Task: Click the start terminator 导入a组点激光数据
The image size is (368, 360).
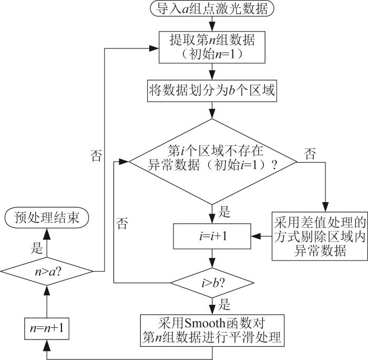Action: [x=212, y=9]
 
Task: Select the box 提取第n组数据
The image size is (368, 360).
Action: [x=212, y=47]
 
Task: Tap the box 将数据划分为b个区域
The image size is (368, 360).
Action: [x=212, y=91]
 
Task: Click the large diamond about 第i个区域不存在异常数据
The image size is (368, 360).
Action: [x=213, y=162]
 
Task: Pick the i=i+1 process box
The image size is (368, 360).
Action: [x=212, y=236]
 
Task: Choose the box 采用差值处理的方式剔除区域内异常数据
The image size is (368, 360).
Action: [x=320, y=236]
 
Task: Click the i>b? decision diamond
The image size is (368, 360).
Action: [x=212, y=283]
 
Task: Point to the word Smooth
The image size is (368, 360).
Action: [x=205, y=323]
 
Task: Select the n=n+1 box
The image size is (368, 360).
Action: [x=47, y=328]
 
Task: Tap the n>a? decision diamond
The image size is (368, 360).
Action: [x=47, y=272]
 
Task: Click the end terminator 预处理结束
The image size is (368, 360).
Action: [x=47, y=217]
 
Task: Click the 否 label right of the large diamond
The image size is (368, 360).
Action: [x=310, y=154]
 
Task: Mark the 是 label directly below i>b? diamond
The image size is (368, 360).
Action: [x=224, y=304]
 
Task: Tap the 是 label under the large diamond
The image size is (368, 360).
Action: [x=224, y=211]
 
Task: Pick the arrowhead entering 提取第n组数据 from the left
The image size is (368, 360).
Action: [x=154, y=48]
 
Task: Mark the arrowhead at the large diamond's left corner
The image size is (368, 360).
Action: [x=124, y=162]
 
